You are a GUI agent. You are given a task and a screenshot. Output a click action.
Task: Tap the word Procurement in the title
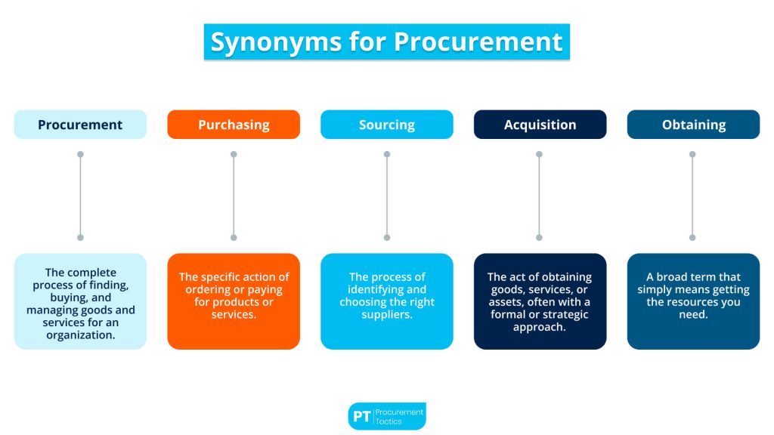coord(476,42)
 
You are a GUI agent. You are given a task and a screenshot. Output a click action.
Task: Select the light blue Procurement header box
coord(80,125)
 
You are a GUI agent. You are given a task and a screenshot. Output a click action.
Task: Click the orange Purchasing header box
coord(234,125)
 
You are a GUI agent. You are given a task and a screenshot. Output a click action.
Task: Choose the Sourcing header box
coord(387,125)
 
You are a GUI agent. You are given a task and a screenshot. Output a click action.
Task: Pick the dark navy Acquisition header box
coord(540,125)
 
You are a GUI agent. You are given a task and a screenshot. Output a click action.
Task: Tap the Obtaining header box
coord(693,125)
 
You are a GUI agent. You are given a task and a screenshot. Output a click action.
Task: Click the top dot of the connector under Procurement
coord(80,154)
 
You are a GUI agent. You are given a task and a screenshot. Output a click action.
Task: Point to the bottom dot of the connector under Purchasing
coord(234,237)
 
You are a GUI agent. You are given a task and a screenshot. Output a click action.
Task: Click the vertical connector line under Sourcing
coord(387,196)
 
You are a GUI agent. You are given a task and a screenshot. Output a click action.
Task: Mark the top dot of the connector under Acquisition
coord(540,154)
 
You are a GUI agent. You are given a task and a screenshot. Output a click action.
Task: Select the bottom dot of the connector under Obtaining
coord(693,237)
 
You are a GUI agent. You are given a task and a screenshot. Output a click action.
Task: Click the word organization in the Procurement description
coord(80,335)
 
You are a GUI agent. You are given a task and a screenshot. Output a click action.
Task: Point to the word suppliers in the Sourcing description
coord(387,314)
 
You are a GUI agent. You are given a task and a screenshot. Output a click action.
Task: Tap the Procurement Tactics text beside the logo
coord(401,416)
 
